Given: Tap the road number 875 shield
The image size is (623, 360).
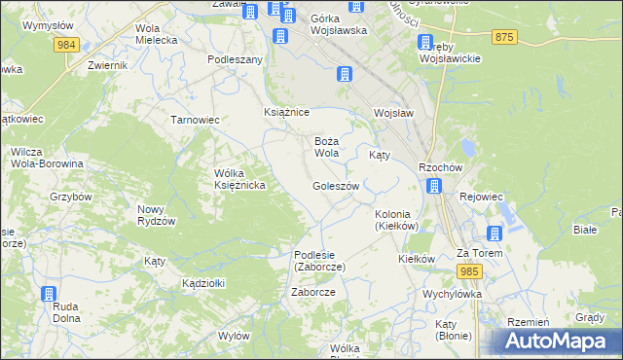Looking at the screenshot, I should [x=503, y=37].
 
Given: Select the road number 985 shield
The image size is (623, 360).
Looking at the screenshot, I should [x=471, y=270].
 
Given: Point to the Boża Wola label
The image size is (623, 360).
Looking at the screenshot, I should [x=326, y=147].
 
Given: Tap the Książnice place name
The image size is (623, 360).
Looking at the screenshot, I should [x=286, y=113].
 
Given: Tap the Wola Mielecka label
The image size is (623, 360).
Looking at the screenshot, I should [x=157, y=34].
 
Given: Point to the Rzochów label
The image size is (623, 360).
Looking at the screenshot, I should [x=439, y=166].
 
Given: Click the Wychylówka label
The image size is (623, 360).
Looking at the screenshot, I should [x=453, y=293].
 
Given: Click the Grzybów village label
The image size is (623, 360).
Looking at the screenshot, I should [x=70, y=196].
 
